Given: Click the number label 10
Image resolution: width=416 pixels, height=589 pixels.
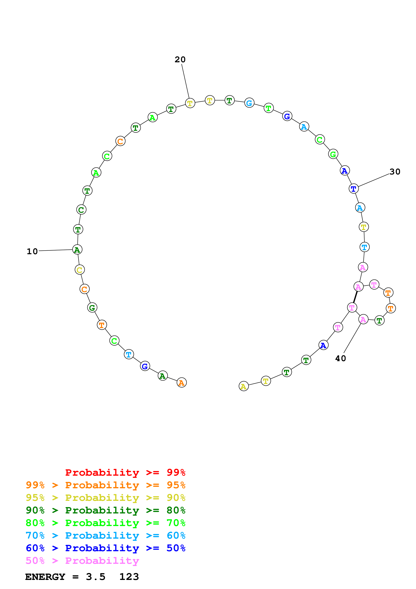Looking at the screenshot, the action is (32, 251).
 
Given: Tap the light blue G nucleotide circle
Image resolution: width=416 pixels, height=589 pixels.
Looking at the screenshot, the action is (249, 103).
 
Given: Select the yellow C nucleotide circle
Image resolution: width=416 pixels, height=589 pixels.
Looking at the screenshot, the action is (80, 270).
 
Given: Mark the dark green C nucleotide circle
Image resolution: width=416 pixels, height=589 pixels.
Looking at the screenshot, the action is (81, 210).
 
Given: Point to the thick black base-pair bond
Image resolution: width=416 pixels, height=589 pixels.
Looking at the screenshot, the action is (355, 297).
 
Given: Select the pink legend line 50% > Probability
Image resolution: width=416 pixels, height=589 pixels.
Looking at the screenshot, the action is (82, 561).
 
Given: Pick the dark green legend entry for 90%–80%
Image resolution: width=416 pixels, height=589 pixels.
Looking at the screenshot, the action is (105, 510).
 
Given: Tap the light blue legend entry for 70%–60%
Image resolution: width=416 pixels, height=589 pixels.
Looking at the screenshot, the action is (105, 535).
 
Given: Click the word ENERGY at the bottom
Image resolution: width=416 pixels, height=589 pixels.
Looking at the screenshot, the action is (45, 577).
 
